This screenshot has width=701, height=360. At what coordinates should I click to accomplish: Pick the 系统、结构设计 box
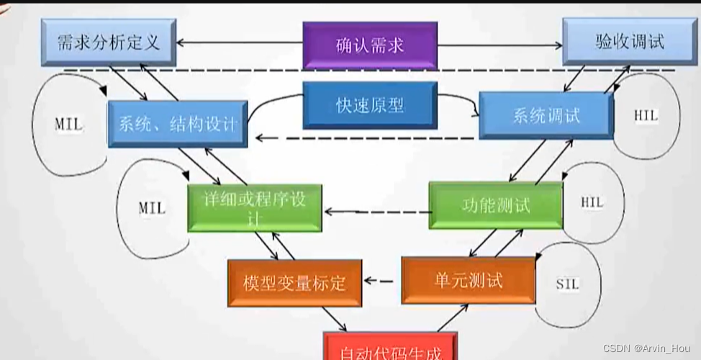[177, 123]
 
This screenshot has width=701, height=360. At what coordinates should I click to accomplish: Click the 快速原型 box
[370, 105]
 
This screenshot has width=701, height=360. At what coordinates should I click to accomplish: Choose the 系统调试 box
[546, 115]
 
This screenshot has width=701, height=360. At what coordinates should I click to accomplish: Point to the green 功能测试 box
[495, 205]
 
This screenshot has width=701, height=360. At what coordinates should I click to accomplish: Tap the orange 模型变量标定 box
[294, 282]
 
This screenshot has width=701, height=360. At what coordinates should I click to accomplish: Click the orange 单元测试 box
[468, 280]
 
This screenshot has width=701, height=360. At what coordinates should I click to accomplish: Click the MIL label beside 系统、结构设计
[68, 125]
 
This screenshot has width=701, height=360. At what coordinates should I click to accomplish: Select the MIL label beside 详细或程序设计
[151, 208]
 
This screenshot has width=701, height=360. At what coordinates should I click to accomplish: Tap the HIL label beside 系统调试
[646, 116]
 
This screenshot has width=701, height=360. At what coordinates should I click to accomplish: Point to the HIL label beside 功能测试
[592, 203]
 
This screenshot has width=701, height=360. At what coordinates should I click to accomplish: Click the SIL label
[567, 284]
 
